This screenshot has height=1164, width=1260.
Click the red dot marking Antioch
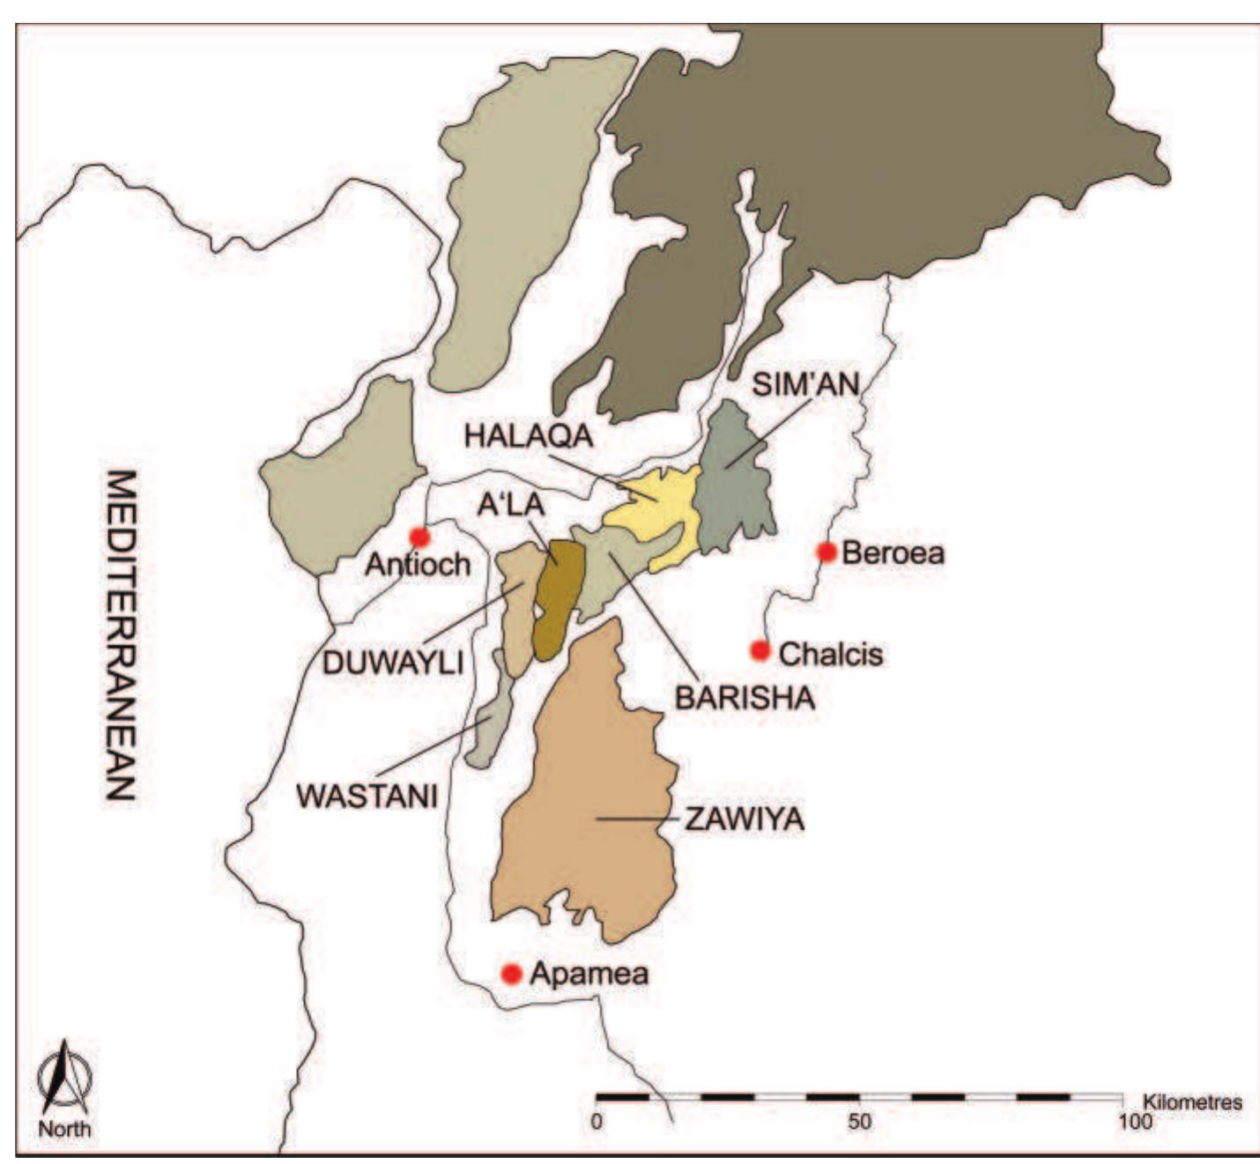419,537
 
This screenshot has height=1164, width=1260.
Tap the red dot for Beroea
826,552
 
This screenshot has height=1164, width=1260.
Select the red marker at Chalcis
760,650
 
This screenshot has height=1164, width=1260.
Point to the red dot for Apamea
511,974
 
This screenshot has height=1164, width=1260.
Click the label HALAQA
529,435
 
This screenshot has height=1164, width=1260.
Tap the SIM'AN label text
805,384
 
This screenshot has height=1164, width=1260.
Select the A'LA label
511,505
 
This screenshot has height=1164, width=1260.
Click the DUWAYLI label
393,663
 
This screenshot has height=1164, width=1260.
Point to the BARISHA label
745,698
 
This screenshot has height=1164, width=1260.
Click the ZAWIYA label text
745,819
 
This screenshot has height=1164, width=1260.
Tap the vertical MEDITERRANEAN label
121,634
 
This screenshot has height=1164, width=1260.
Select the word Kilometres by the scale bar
1191,1102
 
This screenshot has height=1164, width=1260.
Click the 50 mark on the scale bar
859,1123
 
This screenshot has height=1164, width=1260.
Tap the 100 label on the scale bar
1134,1123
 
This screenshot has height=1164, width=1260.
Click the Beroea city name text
893,553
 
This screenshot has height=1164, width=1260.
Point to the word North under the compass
63,1129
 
